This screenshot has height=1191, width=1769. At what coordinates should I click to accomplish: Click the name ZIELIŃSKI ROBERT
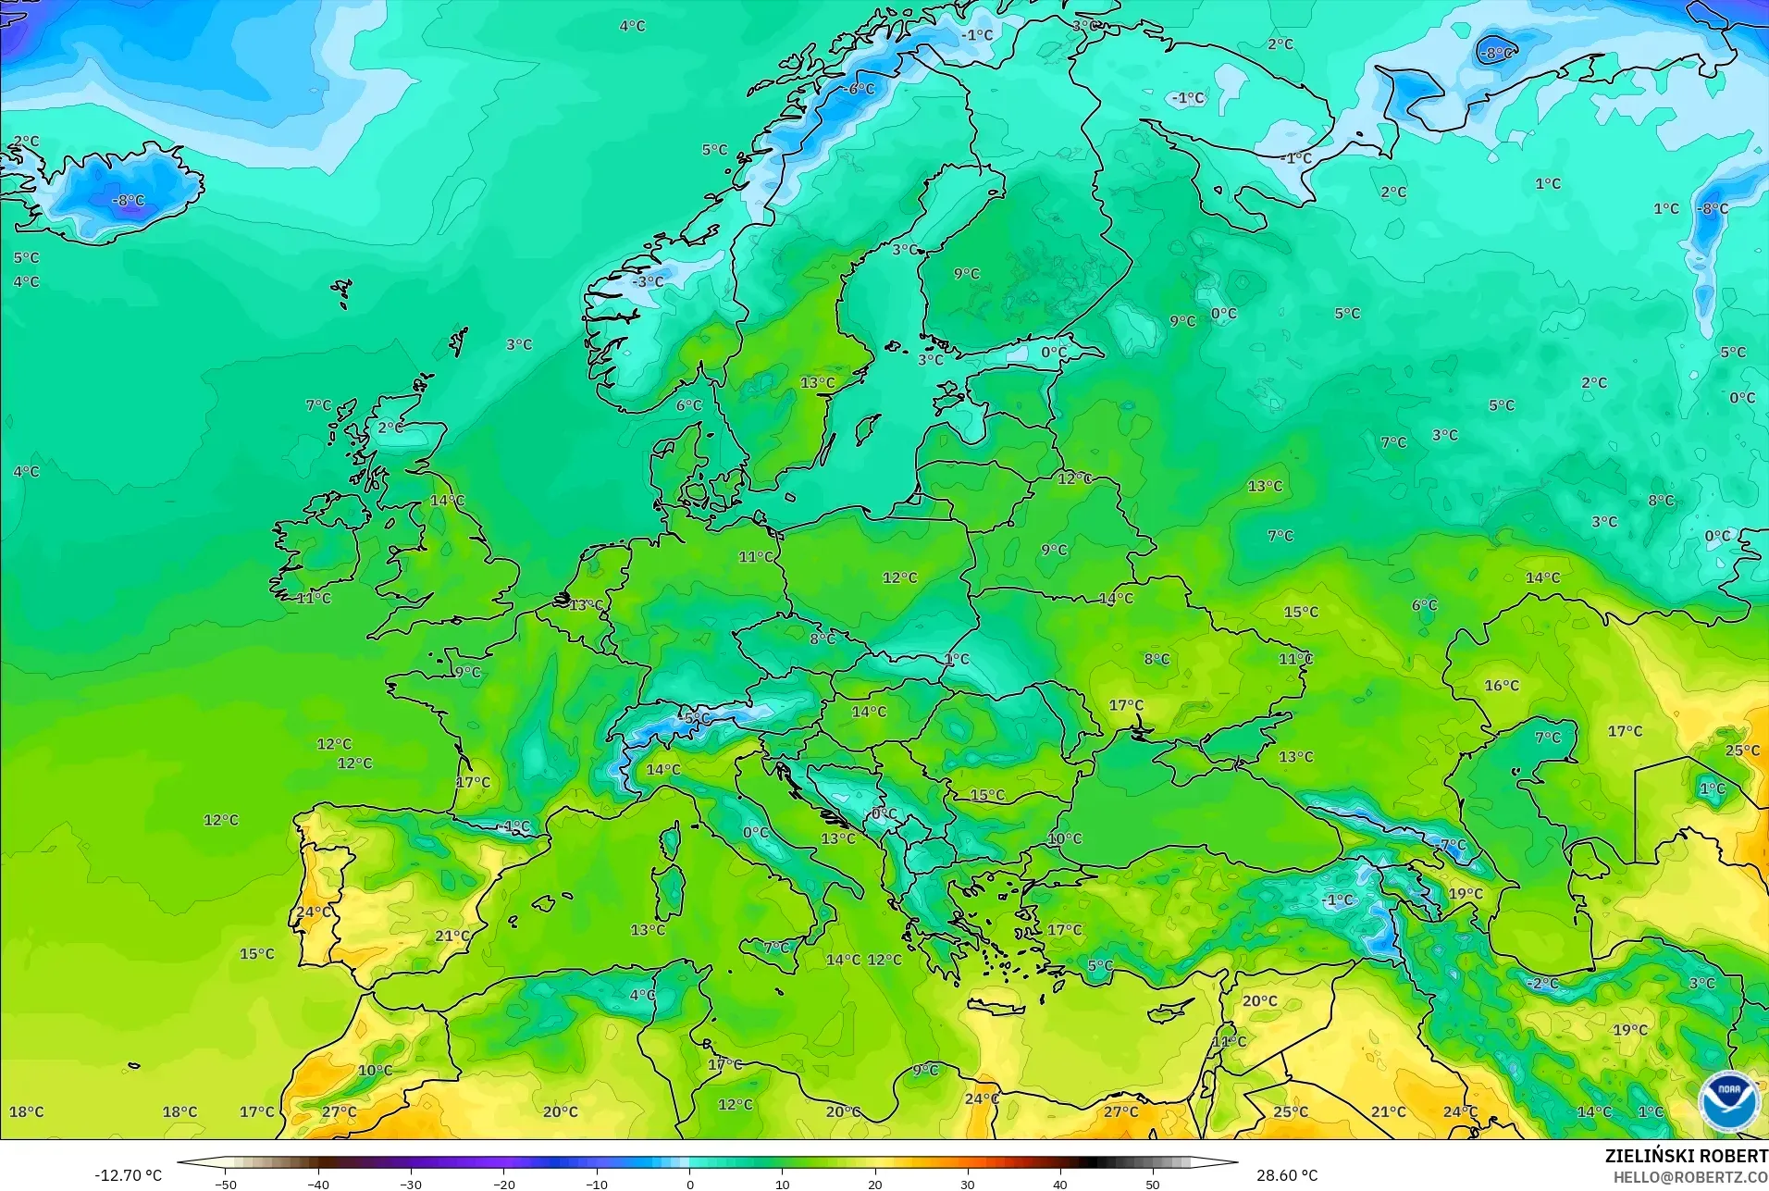click(x=1686, y=1156)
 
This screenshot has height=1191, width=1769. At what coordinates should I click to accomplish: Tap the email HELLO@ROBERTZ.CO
click(x=1690, y=1177)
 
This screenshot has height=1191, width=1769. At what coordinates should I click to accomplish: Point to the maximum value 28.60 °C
click(x=1286, y=1175)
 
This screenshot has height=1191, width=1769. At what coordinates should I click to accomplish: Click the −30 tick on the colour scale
click(x=411, y=1184)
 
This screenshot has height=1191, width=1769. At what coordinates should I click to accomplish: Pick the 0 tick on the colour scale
click(x=689, y=1184)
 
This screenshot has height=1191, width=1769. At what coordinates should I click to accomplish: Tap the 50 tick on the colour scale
click(x=1152, y=1184)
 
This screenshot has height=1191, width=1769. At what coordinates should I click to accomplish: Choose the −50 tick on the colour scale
click(x=226, y=1184)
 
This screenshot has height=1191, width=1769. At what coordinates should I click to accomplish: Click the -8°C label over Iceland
click(x=128, y=201)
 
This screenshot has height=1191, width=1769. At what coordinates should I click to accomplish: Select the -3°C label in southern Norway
click(x=648, y=281)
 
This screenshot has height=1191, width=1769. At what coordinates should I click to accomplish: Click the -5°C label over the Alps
click(x=695, y=718)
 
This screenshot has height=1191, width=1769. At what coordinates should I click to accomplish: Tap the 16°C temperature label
click(x=1502, y=686)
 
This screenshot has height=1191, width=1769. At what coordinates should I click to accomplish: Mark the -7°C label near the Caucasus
click(x=1452, y=845)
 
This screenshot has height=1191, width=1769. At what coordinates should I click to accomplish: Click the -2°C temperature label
click(x=1542, y=983)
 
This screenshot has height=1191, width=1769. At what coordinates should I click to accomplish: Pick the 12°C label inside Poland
click(x=899, y=577)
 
